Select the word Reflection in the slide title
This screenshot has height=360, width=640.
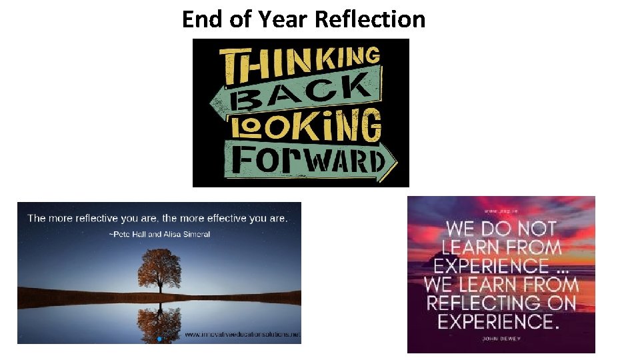click(369, 19)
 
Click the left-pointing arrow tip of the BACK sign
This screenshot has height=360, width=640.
click(215, 103)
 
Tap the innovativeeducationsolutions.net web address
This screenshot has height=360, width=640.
click(242, 334)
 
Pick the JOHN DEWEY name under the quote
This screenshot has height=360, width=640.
click(501, 339)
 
